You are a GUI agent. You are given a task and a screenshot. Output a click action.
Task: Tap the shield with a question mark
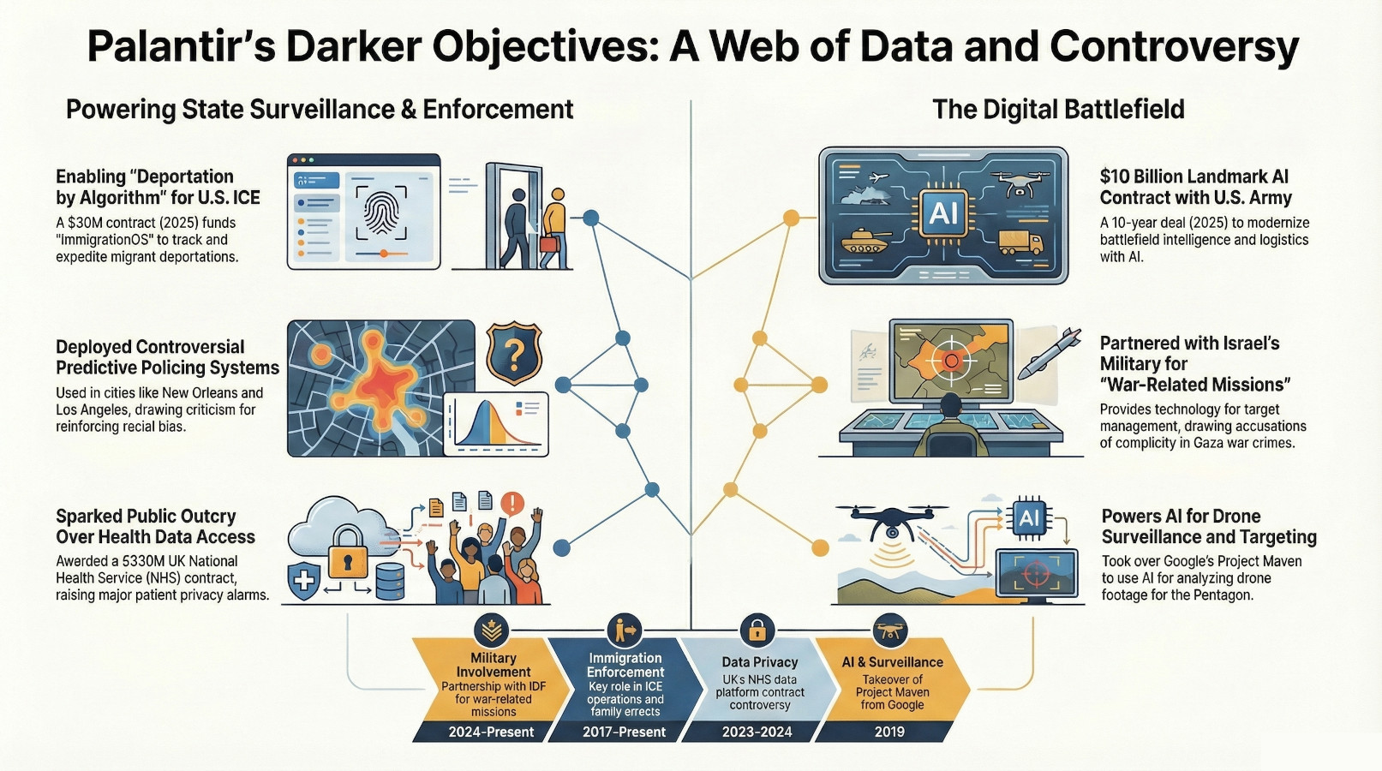[x=514, y=353]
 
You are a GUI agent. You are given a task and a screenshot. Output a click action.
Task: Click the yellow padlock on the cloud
[x=346, y=562]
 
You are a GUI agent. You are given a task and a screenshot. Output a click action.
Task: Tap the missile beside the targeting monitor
[x=1049, y=352]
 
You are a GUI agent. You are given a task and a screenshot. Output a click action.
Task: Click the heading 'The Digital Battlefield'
[x=1058, y=110]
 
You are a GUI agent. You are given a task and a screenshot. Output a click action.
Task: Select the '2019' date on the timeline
[x=889, y=732]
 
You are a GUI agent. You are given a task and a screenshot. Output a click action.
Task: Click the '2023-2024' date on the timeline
[x=757, y=732]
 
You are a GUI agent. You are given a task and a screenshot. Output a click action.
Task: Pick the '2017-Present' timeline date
[x=624, y=732]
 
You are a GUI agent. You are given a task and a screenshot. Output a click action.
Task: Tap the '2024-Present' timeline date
[x=491, y=732]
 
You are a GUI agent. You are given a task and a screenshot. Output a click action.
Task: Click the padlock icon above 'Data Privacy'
[x=757, y=631]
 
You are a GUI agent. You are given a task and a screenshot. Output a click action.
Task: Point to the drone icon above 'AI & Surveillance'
[x=889, y=631]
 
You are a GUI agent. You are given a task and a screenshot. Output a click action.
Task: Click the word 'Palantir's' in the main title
[x=179, y=47]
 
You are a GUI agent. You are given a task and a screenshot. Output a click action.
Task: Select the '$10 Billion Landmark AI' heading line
[x=1194, y=176]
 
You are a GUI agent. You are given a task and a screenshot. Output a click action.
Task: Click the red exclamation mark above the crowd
[x=512, y=503]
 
